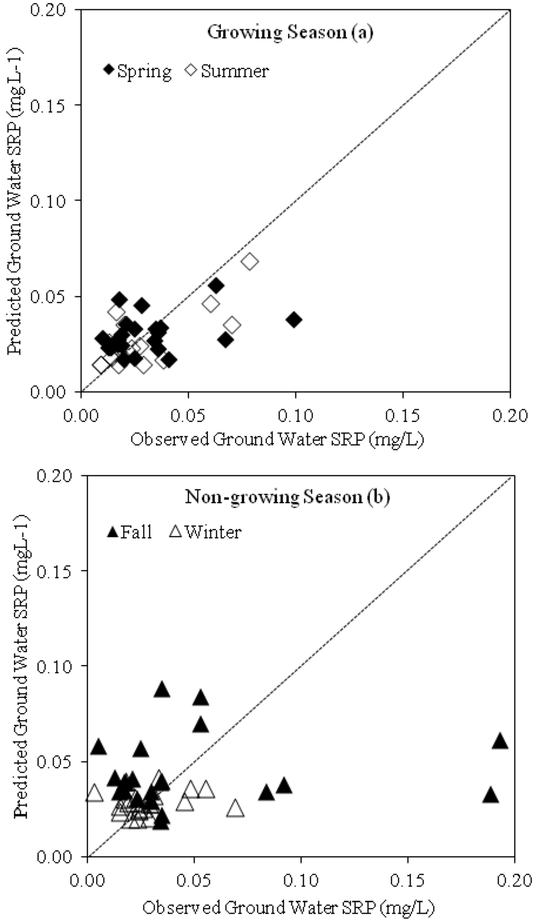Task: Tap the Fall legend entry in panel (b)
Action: [129, 532]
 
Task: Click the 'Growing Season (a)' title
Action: [290, 32]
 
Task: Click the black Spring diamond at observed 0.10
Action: [294, 319]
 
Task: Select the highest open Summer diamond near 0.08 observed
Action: [250, 261]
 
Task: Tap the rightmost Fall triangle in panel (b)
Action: [500, 742]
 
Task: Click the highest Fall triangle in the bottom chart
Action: [162, 690]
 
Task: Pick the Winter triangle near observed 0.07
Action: [236, 809]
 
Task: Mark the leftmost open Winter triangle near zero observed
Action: [94, 793]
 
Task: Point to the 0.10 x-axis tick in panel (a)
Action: [295, 416]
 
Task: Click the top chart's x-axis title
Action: [277, 439]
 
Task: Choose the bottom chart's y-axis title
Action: [21, 666]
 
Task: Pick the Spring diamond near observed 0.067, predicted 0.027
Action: [225, 340]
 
